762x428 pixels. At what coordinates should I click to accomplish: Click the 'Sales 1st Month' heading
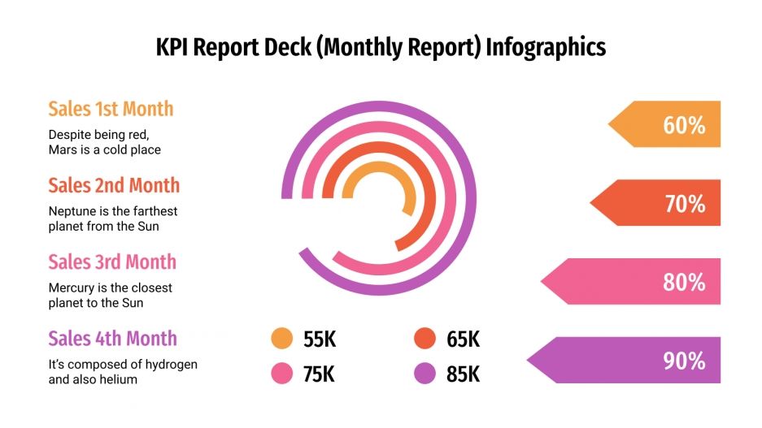point(111,109)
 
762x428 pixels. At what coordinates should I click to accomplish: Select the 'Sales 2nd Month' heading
point(114,185)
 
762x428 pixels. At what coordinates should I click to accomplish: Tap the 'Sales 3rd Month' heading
point(112,262)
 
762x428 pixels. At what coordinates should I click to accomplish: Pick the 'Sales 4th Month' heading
point(112,338)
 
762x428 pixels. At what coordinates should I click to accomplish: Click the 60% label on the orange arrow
point(684,125)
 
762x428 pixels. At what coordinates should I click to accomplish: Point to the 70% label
point(685,204)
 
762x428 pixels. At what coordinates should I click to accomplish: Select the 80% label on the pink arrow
point(684,283)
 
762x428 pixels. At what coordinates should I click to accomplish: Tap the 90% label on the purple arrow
point(684,361)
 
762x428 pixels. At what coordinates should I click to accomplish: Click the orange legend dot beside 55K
point(281,339)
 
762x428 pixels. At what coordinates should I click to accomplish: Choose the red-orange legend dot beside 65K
point(425,339)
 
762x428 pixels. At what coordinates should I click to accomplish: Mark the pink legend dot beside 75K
point(281,374)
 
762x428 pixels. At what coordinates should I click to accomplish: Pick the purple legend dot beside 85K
point(425,374)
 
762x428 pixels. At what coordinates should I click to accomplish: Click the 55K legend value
point(319,339)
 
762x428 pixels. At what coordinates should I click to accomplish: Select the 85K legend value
point(463,374)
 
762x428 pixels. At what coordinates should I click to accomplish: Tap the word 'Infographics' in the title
point(546,47)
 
